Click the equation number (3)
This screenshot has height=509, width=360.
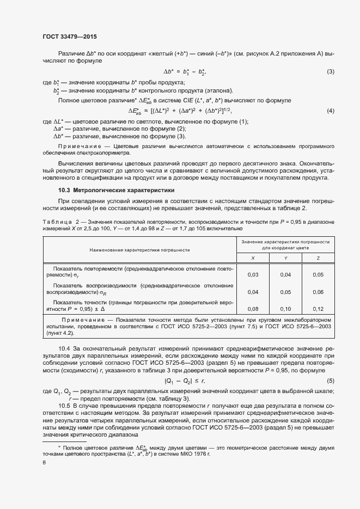[330, 72]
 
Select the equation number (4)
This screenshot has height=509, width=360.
[330, 111]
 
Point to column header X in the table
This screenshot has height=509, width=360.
[252, 257]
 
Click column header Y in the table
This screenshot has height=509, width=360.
[285, 257]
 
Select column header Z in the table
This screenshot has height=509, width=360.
[318, 257]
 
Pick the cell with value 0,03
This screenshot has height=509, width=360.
[252, 275]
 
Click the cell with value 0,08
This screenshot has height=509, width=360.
[252, 309]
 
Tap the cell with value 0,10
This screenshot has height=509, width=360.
[285, 309]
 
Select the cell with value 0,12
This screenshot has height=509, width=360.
[318, 309]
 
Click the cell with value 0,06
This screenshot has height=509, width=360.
[318, 292]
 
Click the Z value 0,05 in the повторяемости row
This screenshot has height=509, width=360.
[318, 275]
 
